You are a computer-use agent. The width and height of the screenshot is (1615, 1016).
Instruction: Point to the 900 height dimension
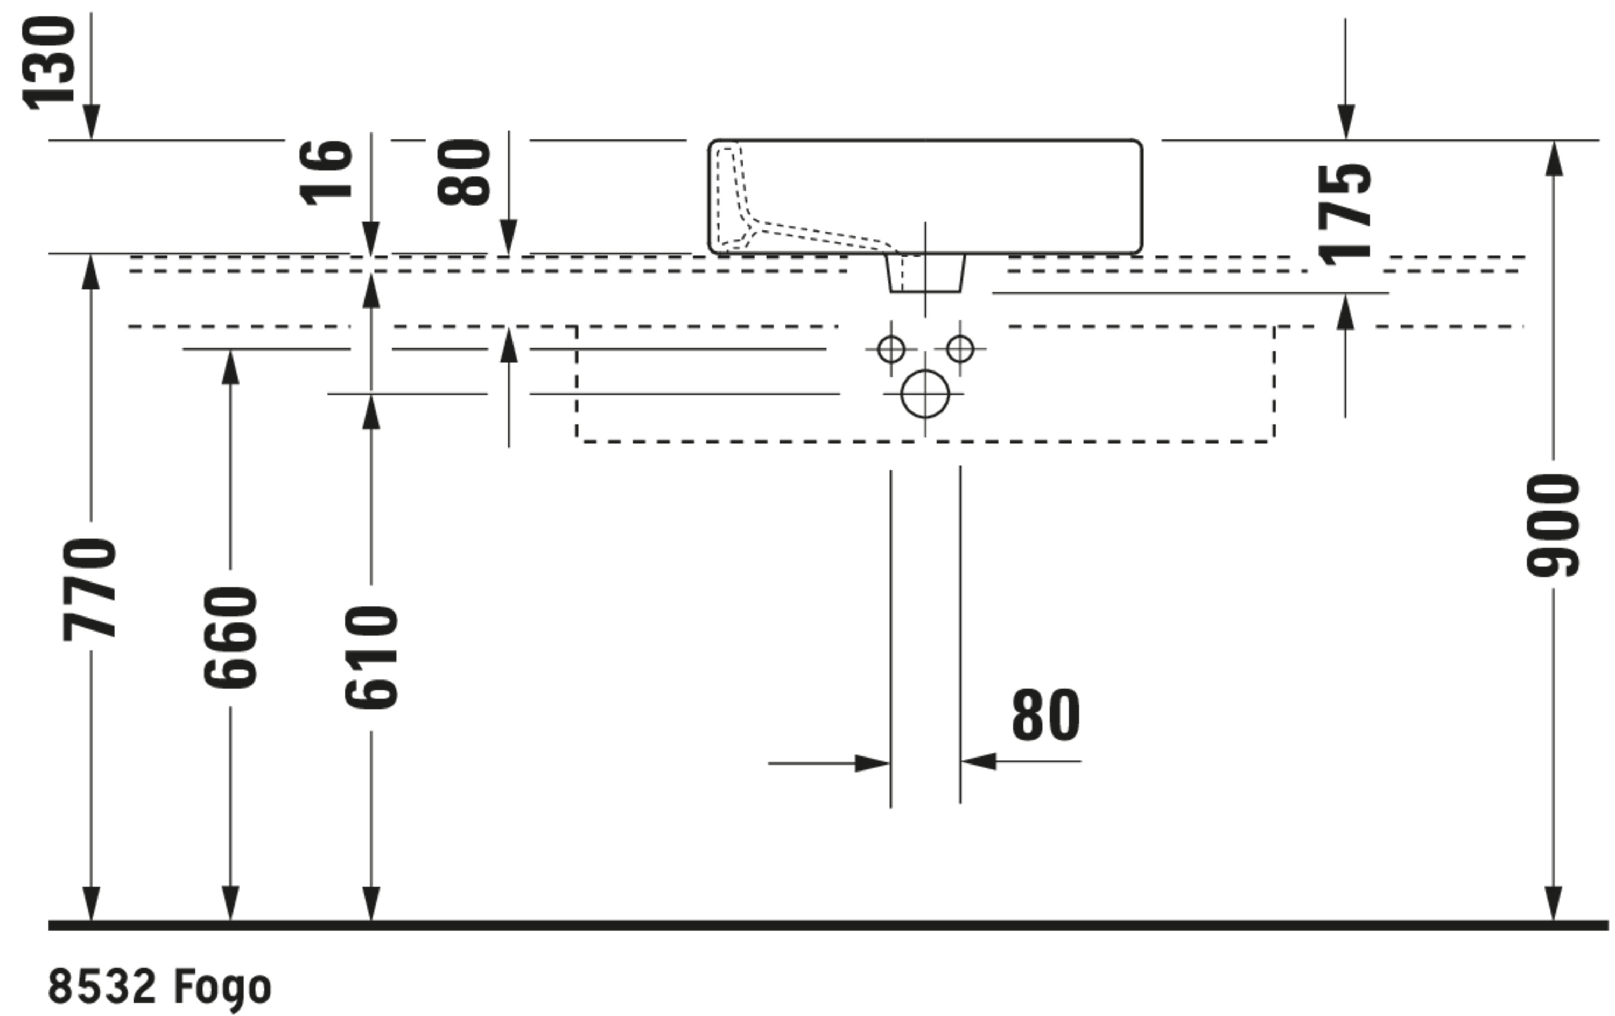click(1553, 524)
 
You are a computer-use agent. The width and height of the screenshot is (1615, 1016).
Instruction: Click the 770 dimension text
click(90, 589)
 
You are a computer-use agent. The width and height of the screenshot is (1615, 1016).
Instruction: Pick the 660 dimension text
click(230, 637)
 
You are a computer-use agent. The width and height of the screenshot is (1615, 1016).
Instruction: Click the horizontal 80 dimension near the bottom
click(1045, 715)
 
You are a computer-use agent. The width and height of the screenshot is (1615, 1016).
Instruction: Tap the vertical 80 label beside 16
click(464, 172)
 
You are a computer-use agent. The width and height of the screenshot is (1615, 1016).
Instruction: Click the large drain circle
click(925, 394)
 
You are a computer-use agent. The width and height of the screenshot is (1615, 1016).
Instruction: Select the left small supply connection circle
click(890, 349)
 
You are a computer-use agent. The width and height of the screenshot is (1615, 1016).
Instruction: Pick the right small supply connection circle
click(960, 349)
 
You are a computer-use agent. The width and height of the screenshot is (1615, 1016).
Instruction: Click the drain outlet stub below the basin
click(925, 274)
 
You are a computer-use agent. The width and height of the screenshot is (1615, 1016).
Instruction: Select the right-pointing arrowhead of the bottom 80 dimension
click(873, 763)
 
